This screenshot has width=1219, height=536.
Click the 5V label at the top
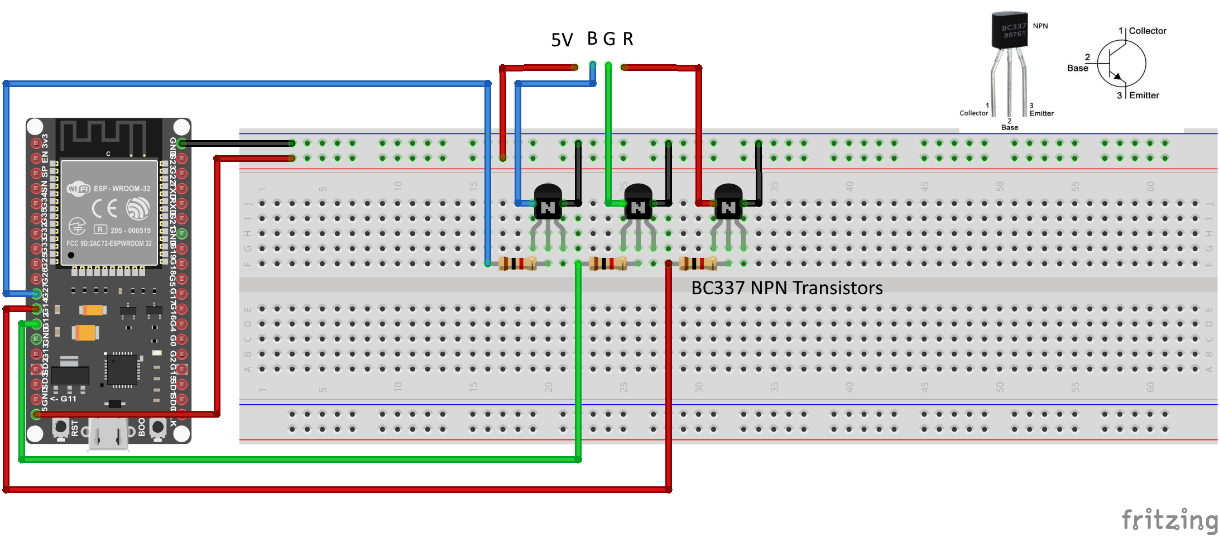click(561, 40)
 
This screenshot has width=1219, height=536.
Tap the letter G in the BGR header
click(609, 39)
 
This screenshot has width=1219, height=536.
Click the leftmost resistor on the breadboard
click(517, 263)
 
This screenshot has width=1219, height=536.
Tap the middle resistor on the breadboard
click(608, 263)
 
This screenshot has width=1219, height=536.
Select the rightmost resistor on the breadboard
click(698, 263)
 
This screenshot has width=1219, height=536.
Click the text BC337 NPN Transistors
click(786, 288)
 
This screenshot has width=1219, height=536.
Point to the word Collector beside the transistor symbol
click(1148, 31)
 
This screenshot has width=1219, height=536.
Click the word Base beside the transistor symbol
click(1077, 68)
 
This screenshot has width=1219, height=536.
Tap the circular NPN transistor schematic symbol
click(1122, 64)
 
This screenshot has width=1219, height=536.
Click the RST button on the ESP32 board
click(60, 428)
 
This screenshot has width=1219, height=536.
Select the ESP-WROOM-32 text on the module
click(122, 189)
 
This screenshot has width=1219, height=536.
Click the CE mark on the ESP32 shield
click(104, 208)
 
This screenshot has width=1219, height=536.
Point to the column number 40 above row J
click(849, 186)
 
